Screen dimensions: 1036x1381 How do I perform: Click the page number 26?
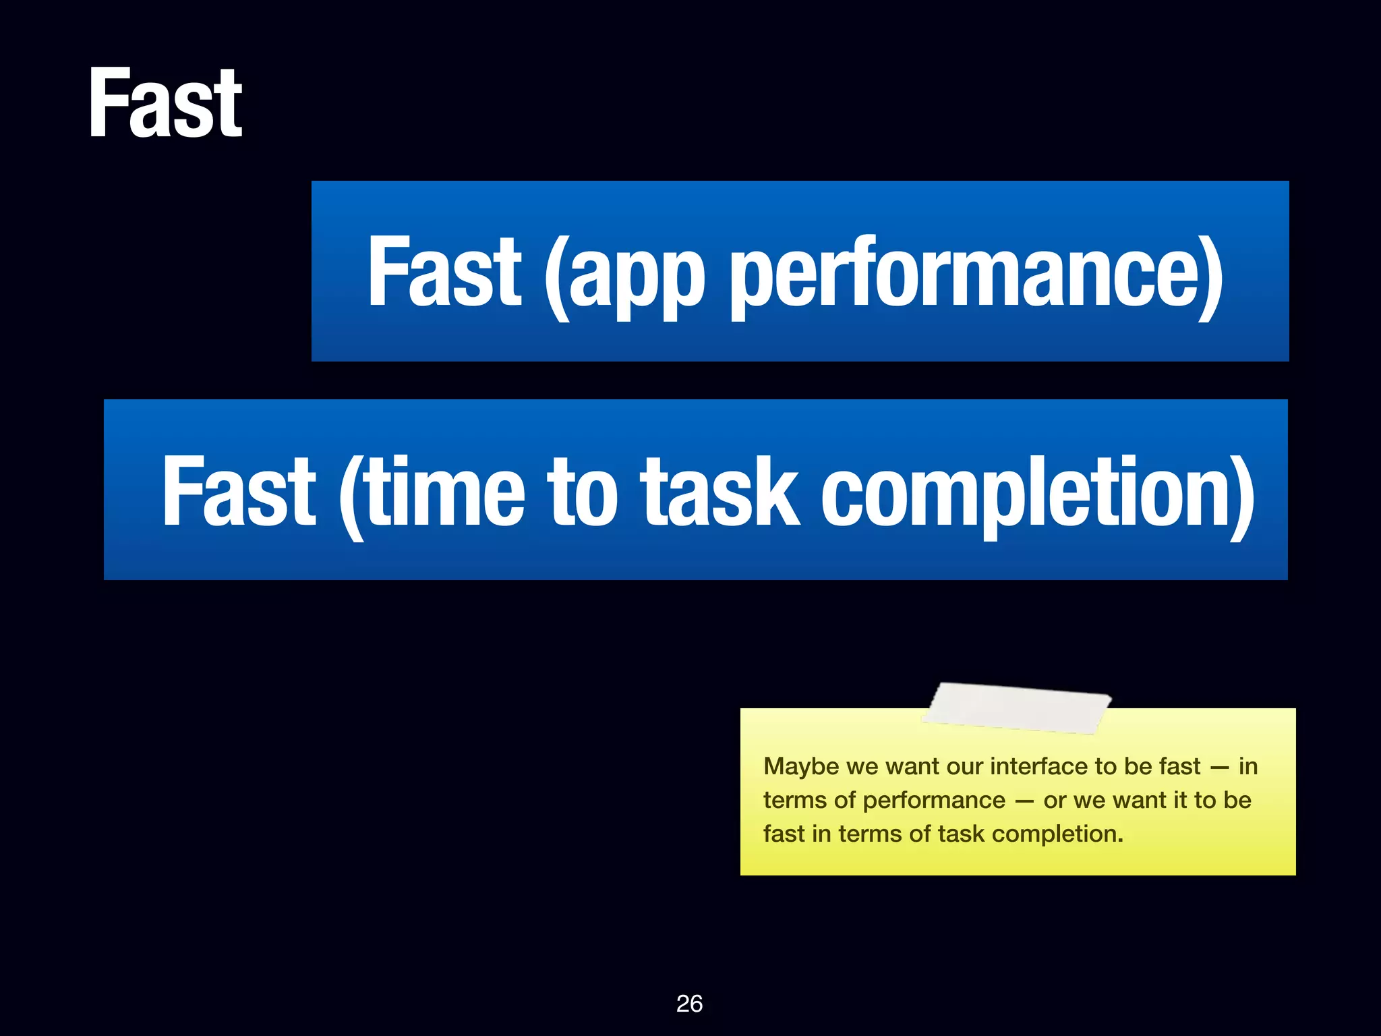(689, 1004)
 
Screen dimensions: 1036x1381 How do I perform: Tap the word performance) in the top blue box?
(976, 273)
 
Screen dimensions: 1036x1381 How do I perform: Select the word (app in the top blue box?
(624, 273)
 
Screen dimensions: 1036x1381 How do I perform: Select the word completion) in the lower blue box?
(1037, 492)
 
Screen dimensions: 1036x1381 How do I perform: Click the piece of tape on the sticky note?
(1017, 708)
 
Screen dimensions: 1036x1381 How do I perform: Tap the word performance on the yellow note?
(934, 801)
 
